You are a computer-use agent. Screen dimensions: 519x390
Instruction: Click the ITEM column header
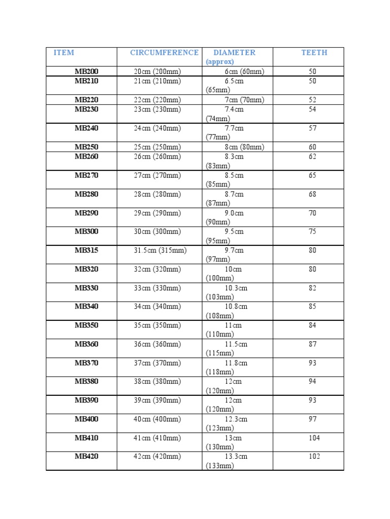point(64,53)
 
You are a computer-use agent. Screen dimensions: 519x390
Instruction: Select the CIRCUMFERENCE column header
point(164,53)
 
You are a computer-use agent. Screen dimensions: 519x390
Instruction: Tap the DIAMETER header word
point(234,53)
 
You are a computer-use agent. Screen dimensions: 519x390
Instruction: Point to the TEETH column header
point(314,53)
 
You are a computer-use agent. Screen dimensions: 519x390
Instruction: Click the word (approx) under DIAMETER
point(220,61)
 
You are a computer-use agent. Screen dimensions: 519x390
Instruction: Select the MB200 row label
point(87,71)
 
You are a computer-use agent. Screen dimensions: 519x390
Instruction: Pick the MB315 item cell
point(87,250)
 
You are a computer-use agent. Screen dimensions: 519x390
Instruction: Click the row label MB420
point(87,457)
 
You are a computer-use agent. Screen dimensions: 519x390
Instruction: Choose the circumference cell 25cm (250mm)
point(157,147)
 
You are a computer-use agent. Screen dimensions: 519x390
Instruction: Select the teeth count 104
point(314,438)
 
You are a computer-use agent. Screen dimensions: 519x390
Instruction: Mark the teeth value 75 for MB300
point(312,232)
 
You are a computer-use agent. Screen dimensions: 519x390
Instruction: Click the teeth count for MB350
point(312,325)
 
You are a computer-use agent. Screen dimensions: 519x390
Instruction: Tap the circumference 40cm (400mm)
point(157,419)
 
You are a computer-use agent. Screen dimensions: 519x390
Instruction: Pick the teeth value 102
point(314,457)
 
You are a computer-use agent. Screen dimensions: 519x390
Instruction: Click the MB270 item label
point(87,175)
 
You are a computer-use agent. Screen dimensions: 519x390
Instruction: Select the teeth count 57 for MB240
point(312,128)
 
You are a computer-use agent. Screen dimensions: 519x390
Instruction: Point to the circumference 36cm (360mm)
point(157,344)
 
